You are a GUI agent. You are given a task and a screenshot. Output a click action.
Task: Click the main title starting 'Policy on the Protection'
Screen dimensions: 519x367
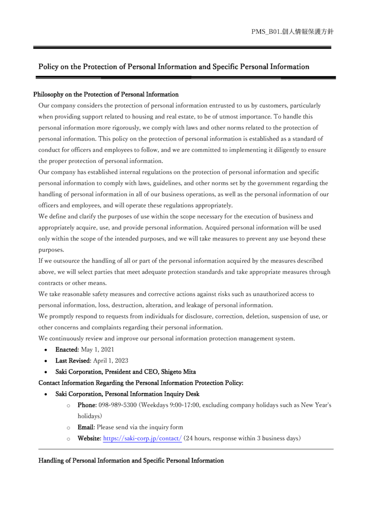[173, 67]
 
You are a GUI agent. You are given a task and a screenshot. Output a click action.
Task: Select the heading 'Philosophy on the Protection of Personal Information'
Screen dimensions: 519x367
[106, 95]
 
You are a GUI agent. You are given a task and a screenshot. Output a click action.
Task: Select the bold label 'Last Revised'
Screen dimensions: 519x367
[71, 360]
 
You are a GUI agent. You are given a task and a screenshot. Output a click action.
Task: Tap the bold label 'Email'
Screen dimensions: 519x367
[86, 427]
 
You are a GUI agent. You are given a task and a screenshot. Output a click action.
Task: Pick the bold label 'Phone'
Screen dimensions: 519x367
[87, 405]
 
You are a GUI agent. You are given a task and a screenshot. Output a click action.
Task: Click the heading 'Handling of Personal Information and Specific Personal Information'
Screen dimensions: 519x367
[131, 461]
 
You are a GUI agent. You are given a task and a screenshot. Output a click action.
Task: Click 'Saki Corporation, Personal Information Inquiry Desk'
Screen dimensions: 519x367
[127, 394]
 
